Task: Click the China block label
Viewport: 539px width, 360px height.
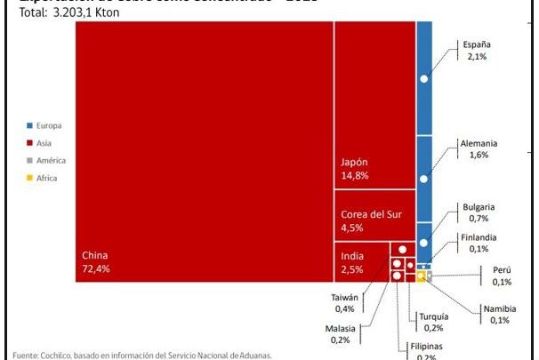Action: tap(96, 262)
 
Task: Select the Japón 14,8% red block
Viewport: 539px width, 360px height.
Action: tap(374, 105)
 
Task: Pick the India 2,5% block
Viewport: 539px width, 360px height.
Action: tap(360, 262)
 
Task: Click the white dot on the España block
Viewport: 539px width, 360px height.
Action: tap(424, 79)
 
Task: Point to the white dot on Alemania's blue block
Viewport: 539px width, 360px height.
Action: tap(424, 180)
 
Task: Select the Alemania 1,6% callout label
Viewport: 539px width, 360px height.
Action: tap(478, 148)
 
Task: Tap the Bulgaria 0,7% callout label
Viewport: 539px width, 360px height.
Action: tap(479, 212)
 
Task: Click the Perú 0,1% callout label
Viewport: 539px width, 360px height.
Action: tap(502, 276)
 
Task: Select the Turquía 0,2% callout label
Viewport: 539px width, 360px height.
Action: tap(435, 323)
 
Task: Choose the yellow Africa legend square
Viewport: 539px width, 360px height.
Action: tap(30, 179)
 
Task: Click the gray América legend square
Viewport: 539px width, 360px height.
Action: tap(30, 161)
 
